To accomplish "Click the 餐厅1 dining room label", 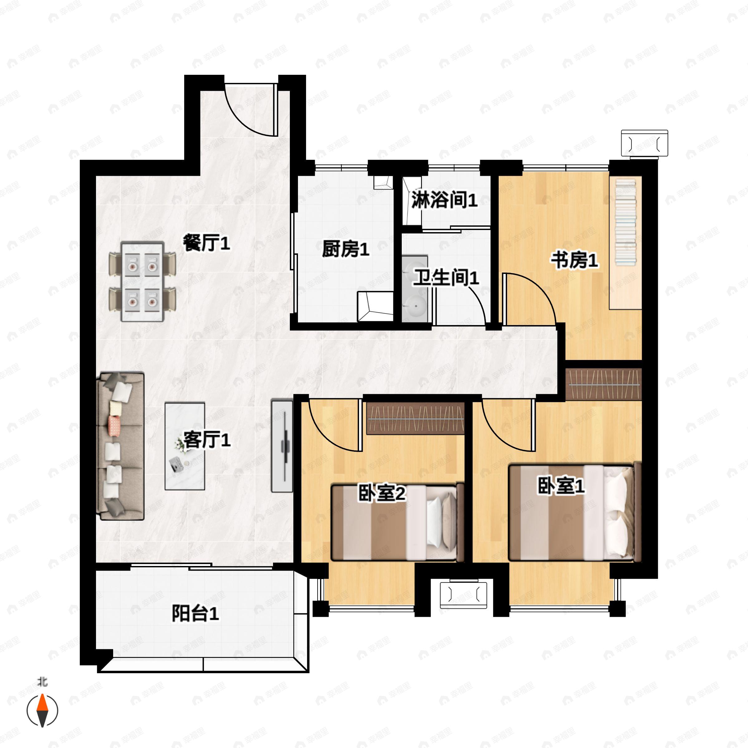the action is point(206,243).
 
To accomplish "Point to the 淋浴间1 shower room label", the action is point(444,200).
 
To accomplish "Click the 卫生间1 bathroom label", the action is point(446,278).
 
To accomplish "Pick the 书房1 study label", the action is point(574,260).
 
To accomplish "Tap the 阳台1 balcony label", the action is point(195,614).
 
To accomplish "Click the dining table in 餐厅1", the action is point(142,281).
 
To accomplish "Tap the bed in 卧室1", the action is point(574,512).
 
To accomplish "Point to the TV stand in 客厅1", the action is point(282,446).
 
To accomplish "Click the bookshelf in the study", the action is point(626,243).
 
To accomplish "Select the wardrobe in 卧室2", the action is point(415,418).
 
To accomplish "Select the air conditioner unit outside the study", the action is point(645,144).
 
